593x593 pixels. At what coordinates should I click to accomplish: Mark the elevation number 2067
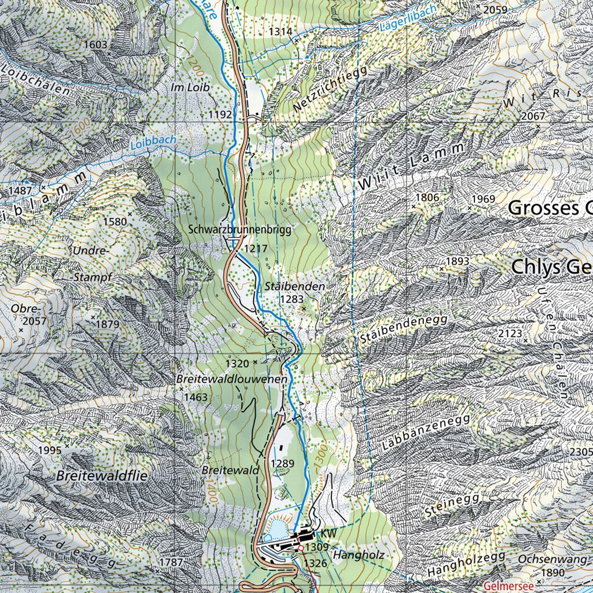point(533,116)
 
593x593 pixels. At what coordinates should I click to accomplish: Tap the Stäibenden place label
point(294,287)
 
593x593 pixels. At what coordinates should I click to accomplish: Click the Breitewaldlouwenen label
point(232,379)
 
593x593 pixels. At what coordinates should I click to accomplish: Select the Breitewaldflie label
point(103,476)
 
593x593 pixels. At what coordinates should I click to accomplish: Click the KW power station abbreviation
point(328,532)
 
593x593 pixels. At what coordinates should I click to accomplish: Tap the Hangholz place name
point(359,555)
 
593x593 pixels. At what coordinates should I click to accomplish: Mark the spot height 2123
point(510,333)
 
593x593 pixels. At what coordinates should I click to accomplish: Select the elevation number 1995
point(49,451)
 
